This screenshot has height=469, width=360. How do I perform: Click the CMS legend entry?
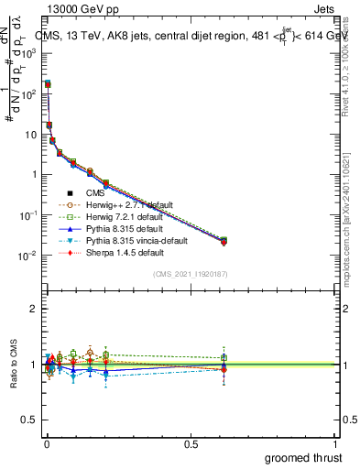coord(96,192)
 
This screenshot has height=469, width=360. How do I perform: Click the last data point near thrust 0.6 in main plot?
coord(224,241)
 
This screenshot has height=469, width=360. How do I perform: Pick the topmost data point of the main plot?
coord(48,83)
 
